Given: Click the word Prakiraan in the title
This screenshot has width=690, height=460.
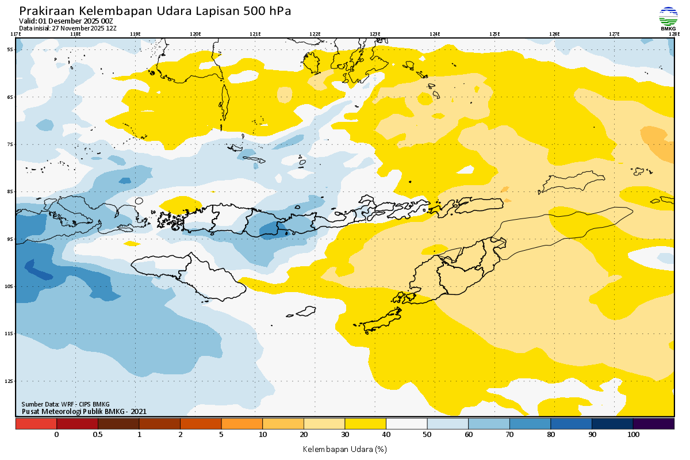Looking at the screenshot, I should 46,11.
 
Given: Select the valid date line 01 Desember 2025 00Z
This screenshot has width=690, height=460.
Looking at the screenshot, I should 66,21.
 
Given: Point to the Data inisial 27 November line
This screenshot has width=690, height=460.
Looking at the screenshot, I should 68,28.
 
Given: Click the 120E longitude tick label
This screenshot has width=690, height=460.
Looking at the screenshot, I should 195,34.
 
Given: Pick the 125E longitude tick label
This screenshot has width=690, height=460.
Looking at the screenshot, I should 494,34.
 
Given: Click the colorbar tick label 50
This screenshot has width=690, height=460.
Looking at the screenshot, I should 427,435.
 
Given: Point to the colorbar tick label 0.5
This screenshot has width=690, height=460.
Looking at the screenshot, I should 98,435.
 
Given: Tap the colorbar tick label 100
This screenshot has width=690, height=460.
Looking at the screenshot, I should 633,435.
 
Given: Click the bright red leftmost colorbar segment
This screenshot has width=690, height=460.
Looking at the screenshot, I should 36,424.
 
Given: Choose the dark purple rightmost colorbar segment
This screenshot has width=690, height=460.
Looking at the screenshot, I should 653,424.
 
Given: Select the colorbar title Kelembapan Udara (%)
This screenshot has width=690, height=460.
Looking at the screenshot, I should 344,448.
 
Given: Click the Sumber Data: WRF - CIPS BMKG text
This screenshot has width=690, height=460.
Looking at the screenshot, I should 65,404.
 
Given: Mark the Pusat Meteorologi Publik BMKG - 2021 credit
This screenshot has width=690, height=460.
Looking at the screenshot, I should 84,411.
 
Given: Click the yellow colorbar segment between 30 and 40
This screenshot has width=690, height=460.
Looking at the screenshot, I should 365,424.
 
